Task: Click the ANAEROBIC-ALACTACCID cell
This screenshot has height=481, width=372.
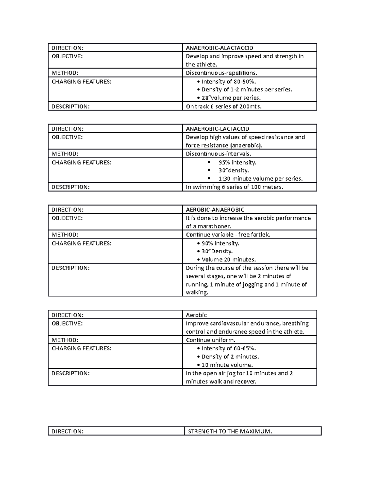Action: [x=219, y=48]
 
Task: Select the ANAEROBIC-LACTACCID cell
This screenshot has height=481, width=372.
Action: [x=217, y=129]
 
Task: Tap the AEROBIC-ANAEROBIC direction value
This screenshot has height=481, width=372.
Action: [x=215, y=210]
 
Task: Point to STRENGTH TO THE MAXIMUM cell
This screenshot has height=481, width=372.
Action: [x=230, y=431]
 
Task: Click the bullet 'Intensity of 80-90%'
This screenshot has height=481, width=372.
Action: [x=228, y=81]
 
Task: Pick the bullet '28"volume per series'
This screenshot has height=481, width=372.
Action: [x=231, y=98]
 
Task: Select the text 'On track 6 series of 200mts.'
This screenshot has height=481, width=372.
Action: [x=224, y=106]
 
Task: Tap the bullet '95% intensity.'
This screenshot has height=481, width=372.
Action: [x=237, y=162]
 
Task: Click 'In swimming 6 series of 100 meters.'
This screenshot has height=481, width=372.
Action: [x=234, y=187]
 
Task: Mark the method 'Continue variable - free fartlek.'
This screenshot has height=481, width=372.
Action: [x=228, y=234]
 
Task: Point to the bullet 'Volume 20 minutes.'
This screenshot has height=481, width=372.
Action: [x=228, y=259]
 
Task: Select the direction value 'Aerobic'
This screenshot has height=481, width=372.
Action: [x=196, y=315]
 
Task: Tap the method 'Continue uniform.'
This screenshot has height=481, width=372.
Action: [x=210, y=340]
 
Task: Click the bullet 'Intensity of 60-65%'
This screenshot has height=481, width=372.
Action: [x=228, y=348]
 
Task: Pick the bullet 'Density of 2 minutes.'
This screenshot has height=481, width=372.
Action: [x=230, y=356]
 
